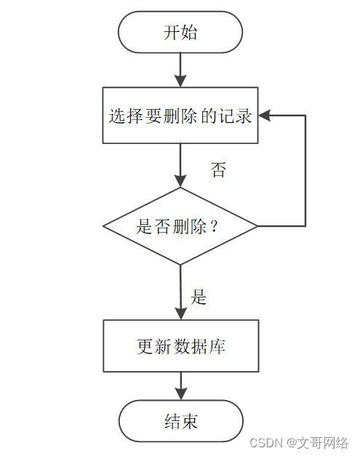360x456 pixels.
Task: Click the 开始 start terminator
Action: tap(180, 33)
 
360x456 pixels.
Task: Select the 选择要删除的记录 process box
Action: tap(180, 116)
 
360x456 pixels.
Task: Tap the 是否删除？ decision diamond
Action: tap(180, 226)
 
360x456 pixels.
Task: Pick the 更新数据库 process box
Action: tap(180, 345)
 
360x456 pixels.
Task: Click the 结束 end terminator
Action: tap(180, 421)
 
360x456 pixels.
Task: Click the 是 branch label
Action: tap(199, 297)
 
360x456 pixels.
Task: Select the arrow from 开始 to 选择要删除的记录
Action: tap(180, 70)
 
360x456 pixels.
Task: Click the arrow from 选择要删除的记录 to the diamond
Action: tap(180, 165)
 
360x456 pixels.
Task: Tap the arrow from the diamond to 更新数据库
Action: tap(180, 291)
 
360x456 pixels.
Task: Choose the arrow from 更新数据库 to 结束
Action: tap(180, 385)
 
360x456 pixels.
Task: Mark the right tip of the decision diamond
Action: tap(257, 226)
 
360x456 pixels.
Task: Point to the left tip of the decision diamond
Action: tap(104, 226)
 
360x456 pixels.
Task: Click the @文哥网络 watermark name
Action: tap(317, 442)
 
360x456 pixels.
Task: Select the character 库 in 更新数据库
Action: tap(216, 345)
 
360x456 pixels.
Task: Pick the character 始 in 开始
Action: tap(189, 33)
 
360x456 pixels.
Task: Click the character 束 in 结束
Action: tap(189, 421)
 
